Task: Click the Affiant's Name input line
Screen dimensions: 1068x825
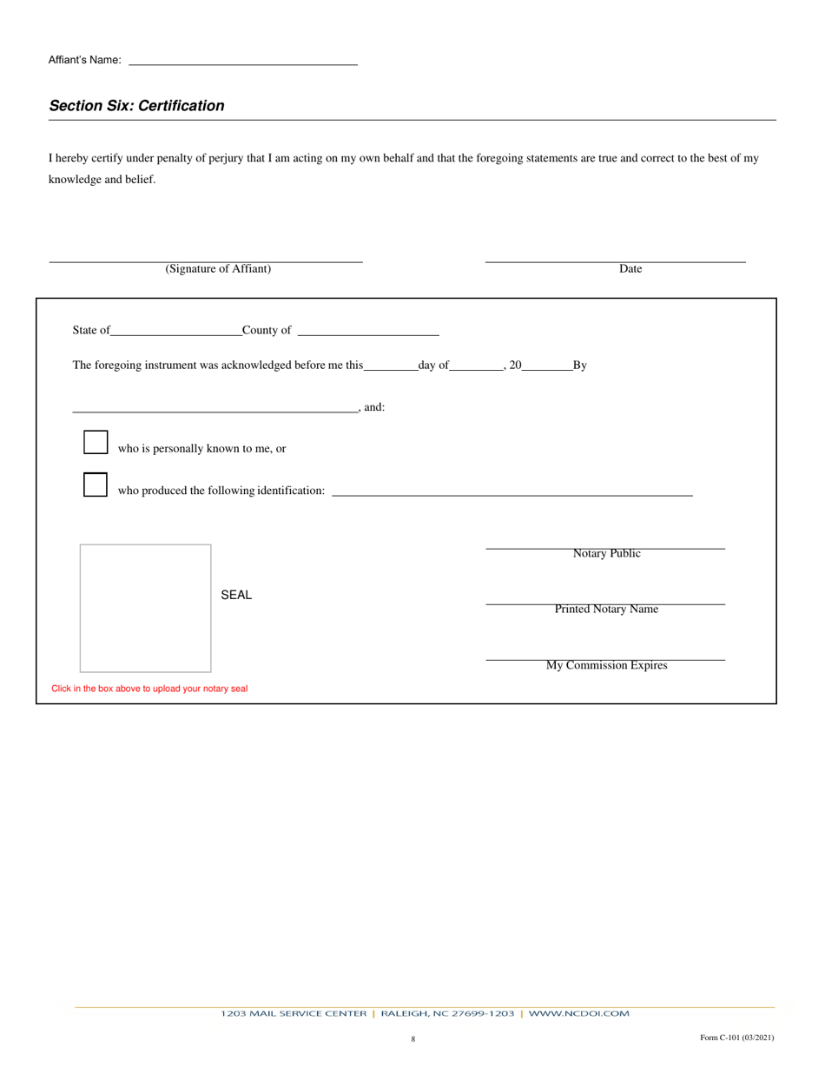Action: (242, 60)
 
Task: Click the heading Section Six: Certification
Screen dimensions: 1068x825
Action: (136, 106)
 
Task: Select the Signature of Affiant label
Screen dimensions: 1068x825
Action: (218, 269)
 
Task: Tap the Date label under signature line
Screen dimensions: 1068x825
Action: (630, 269)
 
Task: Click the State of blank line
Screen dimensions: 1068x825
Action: (176, 331)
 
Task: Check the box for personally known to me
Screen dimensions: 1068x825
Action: (96, 443)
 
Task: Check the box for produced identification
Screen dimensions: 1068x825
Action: (96, 485)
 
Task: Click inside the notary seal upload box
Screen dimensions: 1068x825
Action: (145, 608)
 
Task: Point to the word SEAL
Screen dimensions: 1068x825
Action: (236, 596)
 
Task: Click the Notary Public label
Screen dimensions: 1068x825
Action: (606, 554)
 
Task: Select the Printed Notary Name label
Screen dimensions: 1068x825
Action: (606, 610)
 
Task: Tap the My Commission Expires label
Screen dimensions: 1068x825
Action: (606, 666)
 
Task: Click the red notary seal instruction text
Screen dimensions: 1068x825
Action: (149, 689)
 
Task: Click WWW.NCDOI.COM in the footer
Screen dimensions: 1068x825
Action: (578, 1013)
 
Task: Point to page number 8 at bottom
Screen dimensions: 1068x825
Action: (412, 1038)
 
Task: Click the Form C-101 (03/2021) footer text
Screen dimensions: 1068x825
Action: (736, 1038)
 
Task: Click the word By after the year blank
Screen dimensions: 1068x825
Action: (580, 366)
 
